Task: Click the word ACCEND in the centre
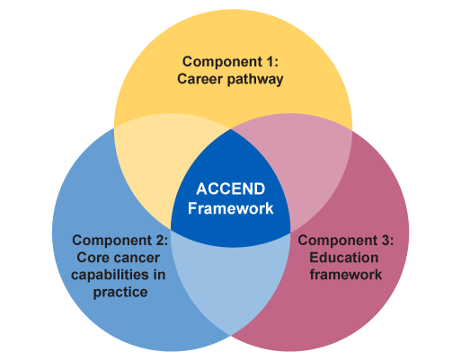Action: (x=231, y=189)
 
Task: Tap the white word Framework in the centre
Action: (x=231, y=208)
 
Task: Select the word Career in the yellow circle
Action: (x=199, y=79)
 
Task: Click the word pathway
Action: (x=255, y=80)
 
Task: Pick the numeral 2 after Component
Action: (x=160, y=241)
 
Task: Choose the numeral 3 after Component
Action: (x=386, y=241)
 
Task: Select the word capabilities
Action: (x=110, y=275)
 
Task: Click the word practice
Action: (x=120, y=293)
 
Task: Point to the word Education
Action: (x=344, y=258)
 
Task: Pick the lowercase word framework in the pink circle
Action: (x=346, y=275)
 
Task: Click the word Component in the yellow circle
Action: (x=223, y=62)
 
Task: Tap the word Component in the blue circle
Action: (x=112, y=241)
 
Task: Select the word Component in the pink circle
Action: (x=338, y=241)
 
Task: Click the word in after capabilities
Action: (x=159, y=275)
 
